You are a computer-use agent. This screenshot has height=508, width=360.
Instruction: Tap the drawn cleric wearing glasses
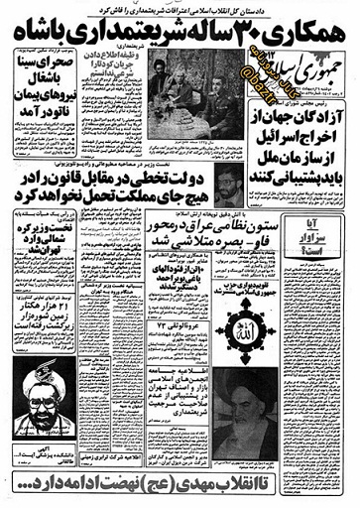click(x=37, y=394)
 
